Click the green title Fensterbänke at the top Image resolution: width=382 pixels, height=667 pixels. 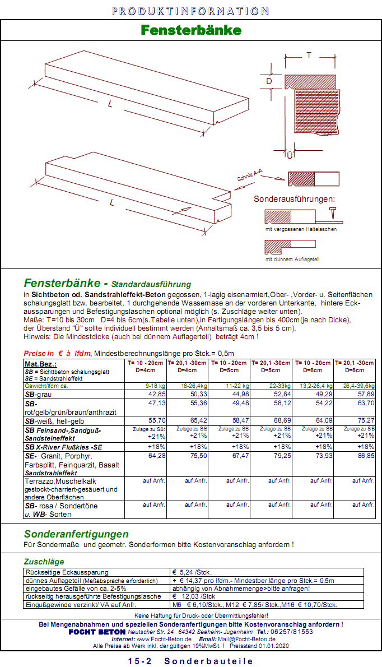191,30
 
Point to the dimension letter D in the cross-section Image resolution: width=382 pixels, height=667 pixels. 269,81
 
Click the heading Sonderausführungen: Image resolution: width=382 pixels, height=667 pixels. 294,199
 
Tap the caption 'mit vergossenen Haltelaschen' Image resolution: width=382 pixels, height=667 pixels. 301,229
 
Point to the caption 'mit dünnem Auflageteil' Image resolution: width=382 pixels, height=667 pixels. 292,260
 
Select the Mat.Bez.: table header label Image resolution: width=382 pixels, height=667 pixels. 41,364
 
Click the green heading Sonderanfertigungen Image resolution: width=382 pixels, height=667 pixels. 76,534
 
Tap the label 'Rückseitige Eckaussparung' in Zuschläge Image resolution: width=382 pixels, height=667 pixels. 67,572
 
